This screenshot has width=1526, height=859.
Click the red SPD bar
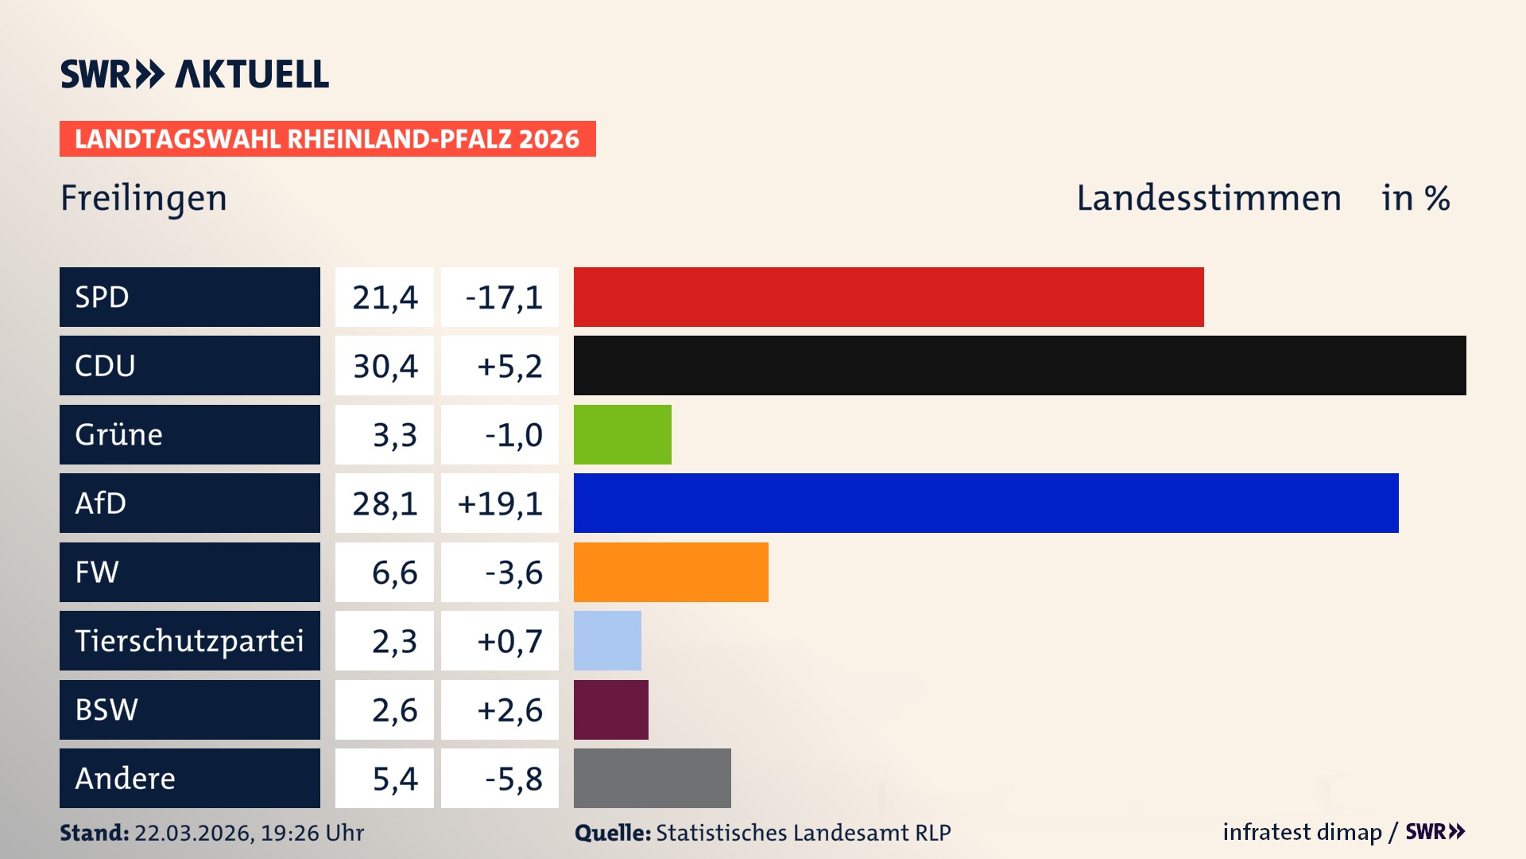click(x=888, y=297)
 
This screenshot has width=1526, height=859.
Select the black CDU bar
click(x=1019, y=366)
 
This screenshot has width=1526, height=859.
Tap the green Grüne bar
click(x=622, y=434)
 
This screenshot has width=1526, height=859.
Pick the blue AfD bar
click(x=986, y=503)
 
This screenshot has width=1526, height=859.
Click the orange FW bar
click(x=671, y=572)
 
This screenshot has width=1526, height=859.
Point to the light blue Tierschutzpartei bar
click(x=607, y=640)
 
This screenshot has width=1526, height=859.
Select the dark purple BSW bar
click(x=610, y=709)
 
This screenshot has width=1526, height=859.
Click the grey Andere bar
click(x=652, y=778)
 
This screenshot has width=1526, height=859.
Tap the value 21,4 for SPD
click(x=385, y=297)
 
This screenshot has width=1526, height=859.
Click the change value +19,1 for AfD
click(x=500, y=503)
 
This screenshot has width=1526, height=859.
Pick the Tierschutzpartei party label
click(x=189, y=640)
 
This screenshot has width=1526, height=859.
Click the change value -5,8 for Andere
click(x=513, y=779)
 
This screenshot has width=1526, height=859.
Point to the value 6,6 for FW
click(x=394, y=573)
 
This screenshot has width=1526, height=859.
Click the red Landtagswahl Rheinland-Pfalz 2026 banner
click(x=327, y=139)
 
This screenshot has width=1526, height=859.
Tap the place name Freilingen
click(x=144, y=198)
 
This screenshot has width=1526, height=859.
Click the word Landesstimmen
click(x=1208, y=198)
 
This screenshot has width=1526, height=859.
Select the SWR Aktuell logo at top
click(x=194, y=74)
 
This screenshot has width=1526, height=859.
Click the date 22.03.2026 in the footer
click(x=193, y=833)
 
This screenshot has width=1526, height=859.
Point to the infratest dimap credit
click(x=1301, y=832)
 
